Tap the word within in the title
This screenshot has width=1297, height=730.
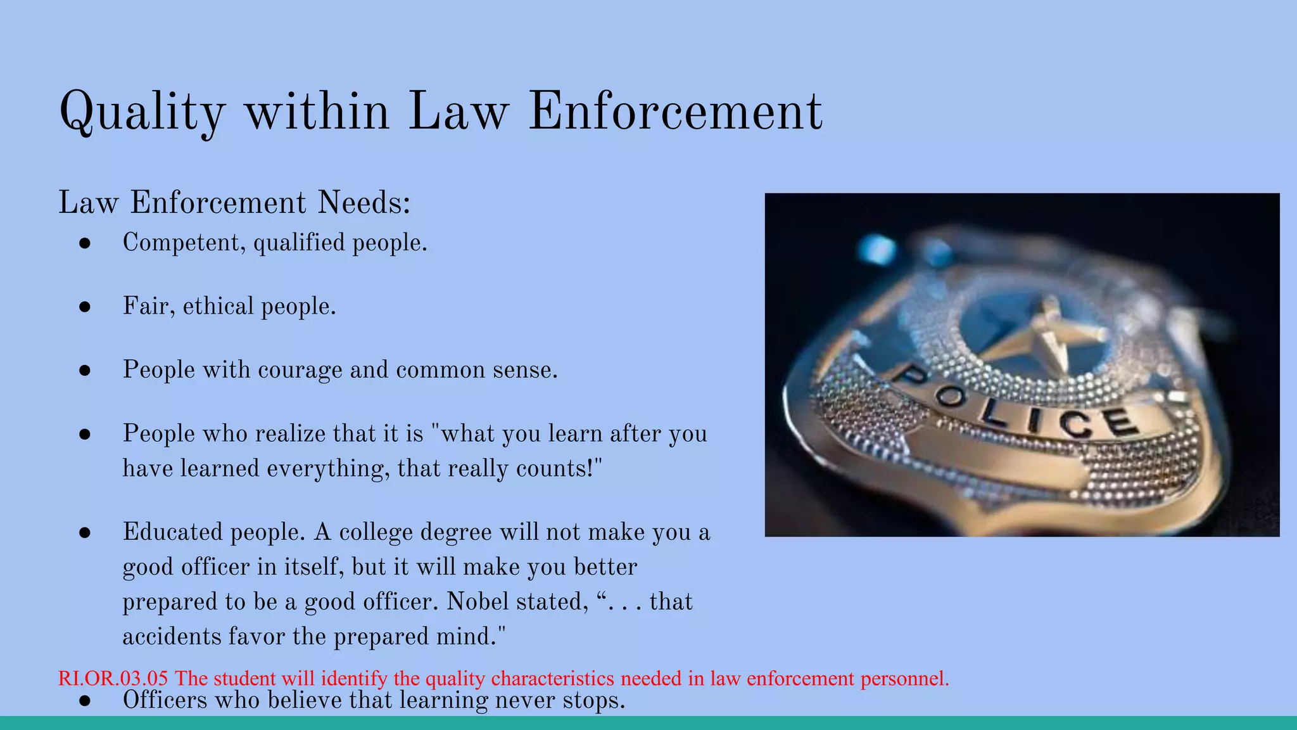click(x=317, y=111)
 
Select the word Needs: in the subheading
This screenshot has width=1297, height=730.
click(x=364, y=203)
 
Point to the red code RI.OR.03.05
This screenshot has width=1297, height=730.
click(x=113, y=678)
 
